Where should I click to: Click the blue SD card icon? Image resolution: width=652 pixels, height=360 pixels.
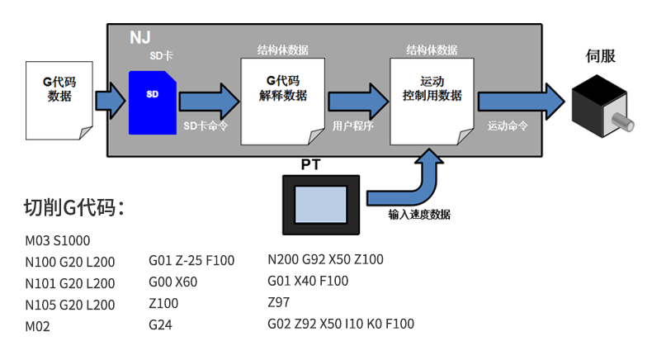coord(154,102)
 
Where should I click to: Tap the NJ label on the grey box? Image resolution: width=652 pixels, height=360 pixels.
coord(141,37)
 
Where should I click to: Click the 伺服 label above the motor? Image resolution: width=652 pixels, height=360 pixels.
coord(600,57)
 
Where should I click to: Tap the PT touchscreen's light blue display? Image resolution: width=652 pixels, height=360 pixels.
coord(321,203)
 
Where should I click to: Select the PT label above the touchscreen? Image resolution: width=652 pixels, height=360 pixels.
coord(311,165)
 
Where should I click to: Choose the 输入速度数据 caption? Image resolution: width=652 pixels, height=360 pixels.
coord(419,215)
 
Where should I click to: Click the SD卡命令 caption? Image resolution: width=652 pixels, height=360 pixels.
coord(205,126)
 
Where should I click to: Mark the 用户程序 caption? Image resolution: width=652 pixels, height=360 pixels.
coord(353,126)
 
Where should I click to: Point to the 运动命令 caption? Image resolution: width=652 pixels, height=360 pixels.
coord(508,126)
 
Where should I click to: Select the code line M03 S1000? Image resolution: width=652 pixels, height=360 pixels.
coord(58,241)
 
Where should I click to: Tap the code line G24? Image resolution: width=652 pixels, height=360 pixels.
coord(160,325)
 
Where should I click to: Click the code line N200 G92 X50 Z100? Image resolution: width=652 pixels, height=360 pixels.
coord(326,259)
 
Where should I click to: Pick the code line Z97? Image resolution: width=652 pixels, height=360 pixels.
coord(279,302)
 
